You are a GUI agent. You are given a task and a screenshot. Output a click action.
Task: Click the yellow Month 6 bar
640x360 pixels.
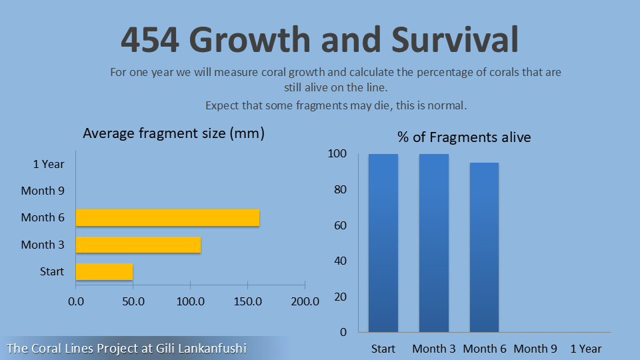(167, 217)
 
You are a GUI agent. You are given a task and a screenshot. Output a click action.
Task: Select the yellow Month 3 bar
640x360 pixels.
(138, 245)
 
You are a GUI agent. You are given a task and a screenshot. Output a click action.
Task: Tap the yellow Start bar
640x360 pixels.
(104, 271)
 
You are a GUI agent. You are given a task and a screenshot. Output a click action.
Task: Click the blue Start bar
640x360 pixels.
(383, 243)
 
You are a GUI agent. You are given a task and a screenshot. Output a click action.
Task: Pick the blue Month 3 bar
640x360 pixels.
(434, 243)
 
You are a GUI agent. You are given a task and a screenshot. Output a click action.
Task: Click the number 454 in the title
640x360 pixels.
(150, 40)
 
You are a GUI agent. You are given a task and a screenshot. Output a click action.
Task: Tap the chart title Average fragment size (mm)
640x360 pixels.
(174, 133)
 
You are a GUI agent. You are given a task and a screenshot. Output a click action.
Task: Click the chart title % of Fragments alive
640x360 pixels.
(464, 137)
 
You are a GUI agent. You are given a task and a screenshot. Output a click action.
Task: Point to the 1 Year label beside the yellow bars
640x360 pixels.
(49, 164)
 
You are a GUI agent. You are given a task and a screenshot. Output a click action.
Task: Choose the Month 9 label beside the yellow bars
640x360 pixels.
(43, 191)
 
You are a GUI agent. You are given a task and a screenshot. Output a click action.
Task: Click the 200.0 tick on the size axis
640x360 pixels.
(305, 301)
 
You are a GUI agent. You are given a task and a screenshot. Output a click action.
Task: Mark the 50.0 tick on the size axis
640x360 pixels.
(133, 301)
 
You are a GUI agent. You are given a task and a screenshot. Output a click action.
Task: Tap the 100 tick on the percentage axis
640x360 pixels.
(338, 154)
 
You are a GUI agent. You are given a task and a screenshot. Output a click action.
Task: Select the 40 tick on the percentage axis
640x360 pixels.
(341, 261)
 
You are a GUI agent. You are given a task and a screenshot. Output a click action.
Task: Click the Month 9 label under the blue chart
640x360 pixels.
(535, 349)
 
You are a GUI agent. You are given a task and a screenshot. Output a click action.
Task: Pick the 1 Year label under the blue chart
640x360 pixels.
(586, 349)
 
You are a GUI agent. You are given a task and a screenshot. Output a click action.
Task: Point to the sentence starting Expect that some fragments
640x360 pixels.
(336, 105)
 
